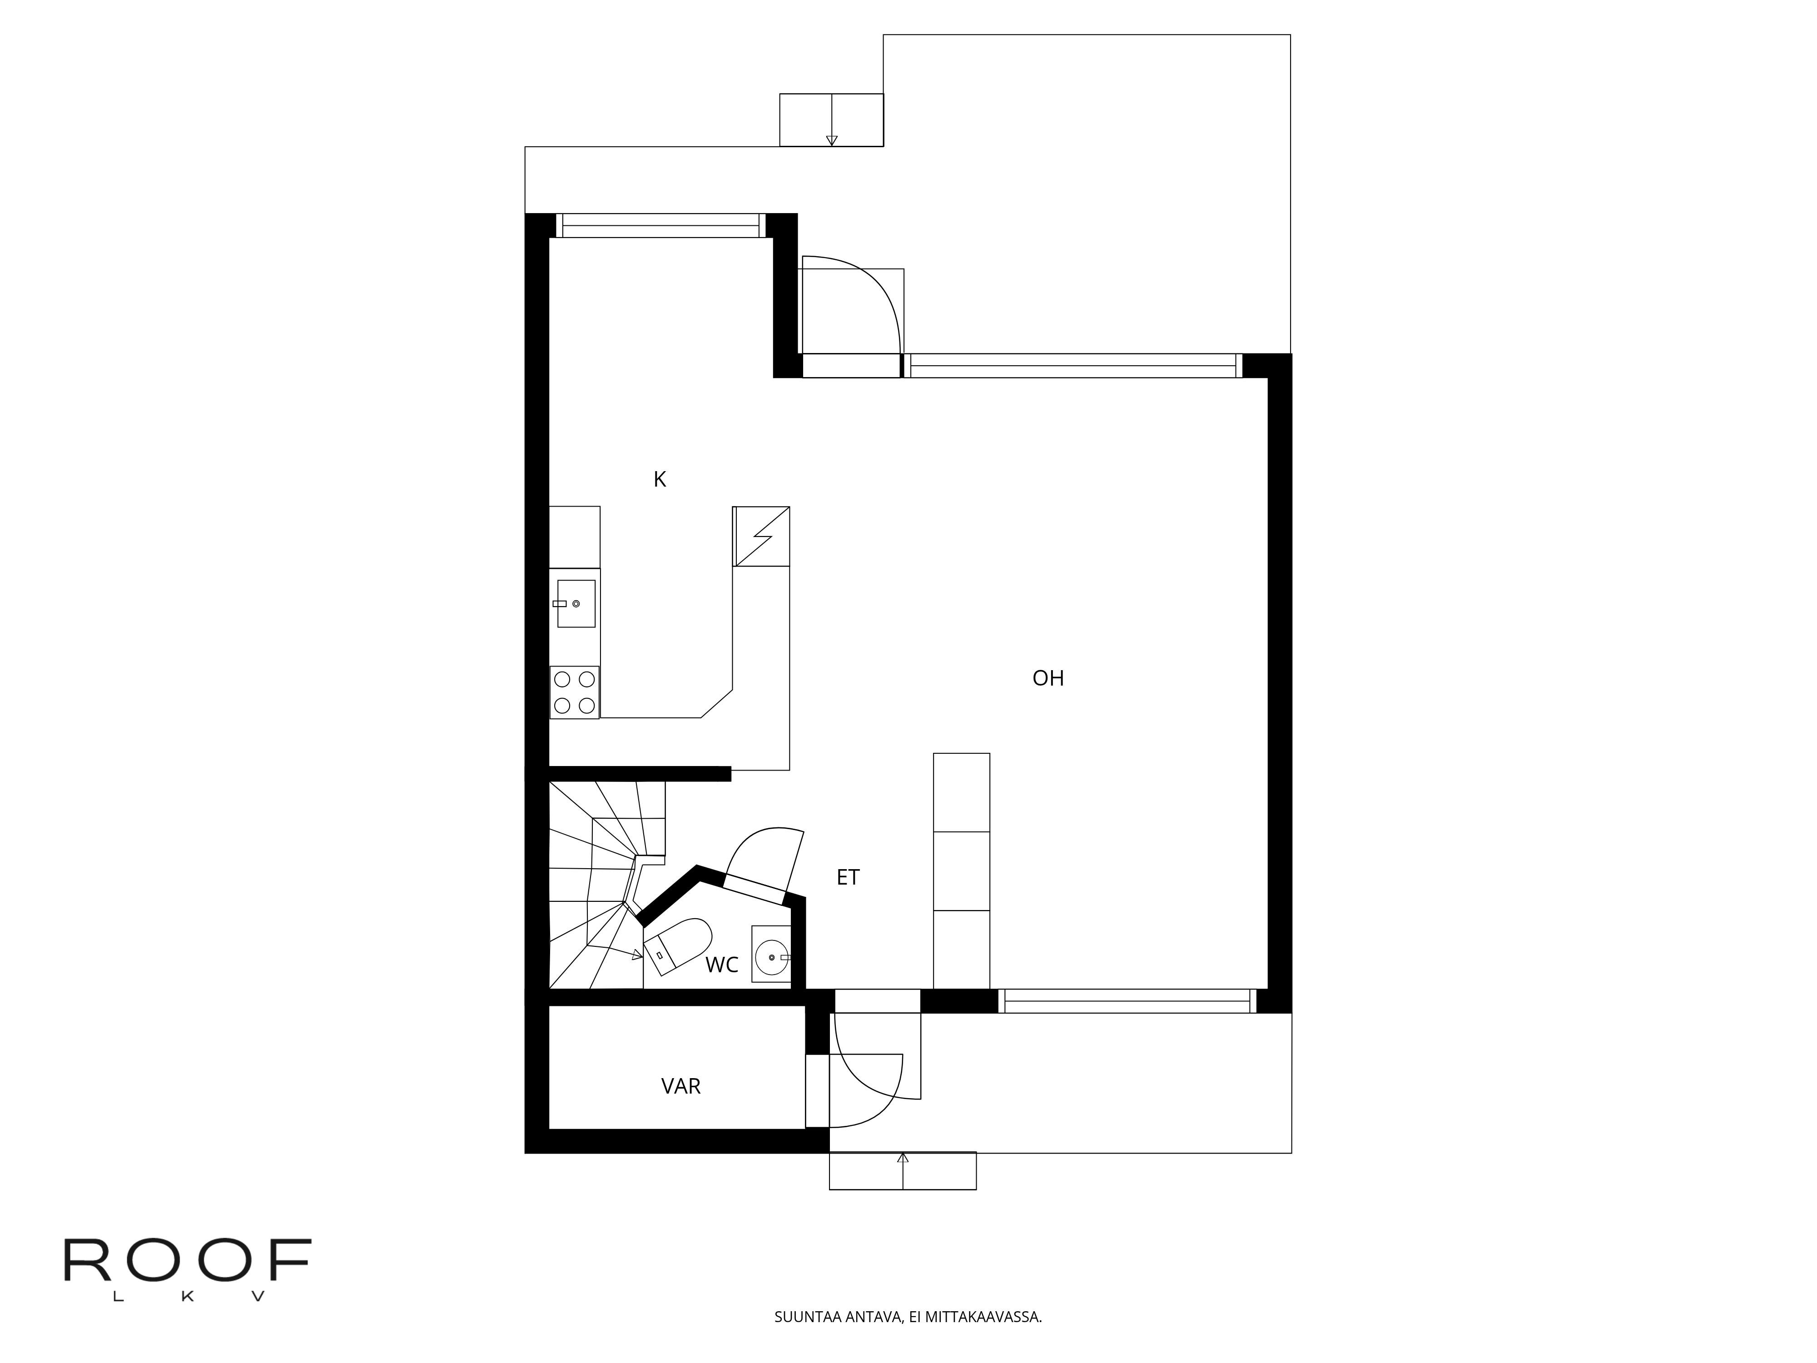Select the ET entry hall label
(848, 877)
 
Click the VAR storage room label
(681, 1087)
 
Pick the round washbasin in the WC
(771, 957)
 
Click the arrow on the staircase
(616, 950)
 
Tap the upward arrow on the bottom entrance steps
(903, 1171)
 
